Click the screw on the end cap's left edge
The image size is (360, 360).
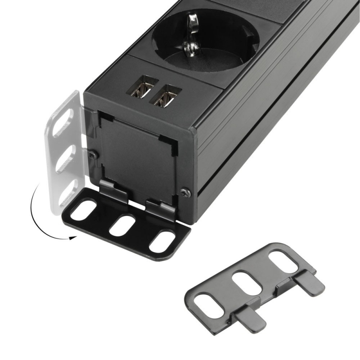(92, 154)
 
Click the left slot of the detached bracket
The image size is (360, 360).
(209, 303)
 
